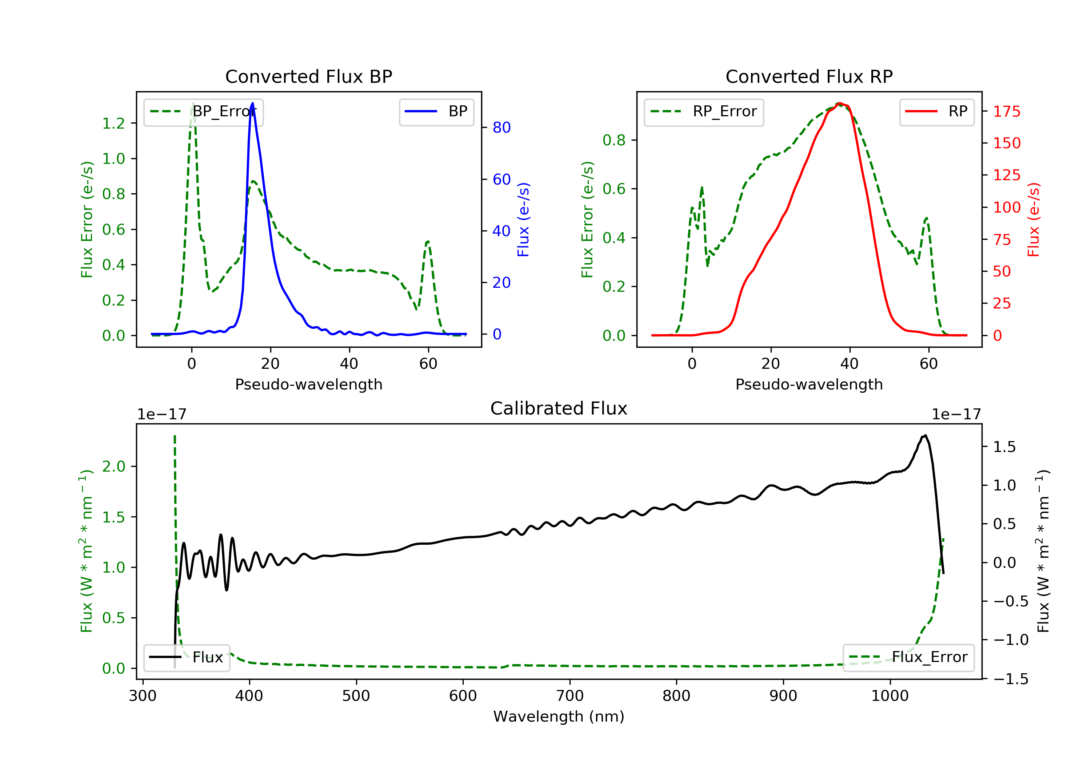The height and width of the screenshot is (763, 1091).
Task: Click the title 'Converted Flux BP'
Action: [x=308, y=76]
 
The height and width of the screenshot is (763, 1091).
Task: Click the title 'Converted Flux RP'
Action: [x=809, y=76]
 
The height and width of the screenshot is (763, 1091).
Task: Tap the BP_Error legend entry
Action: [x=203, y=112]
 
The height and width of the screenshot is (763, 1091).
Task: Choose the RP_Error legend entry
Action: [x=704, y=112]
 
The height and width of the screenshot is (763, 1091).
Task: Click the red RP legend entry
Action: [x=936, y=112]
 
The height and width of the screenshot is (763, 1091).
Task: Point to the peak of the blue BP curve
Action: [x=252, y=103]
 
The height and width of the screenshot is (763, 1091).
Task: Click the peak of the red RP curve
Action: [x=840, y=103]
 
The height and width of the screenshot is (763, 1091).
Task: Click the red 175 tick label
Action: [x=1006, y=112]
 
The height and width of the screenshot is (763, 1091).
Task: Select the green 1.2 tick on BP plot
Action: [x=113, y=124]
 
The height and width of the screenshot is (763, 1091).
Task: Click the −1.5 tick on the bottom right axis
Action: [x=1011, y=679]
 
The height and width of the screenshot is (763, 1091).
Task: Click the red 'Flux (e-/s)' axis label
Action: [x=1034, y=219]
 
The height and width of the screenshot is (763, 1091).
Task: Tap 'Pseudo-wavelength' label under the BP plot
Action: [x=308, y=384]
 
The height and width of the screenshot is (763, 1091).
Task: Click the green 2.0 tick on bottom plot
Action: [x=113, y=466]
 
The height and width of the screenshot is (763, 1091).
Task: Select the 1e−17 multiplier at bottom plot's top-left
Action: [x=161, y=415]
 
